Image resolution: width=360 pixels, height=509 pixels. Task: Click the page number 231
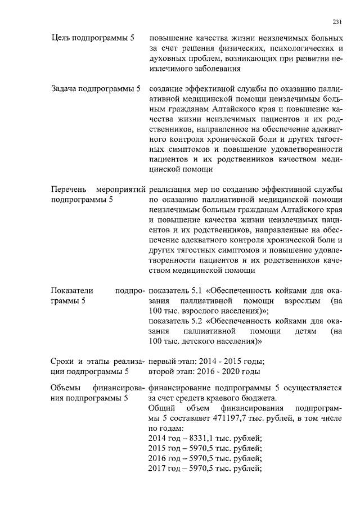(337, 22)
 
